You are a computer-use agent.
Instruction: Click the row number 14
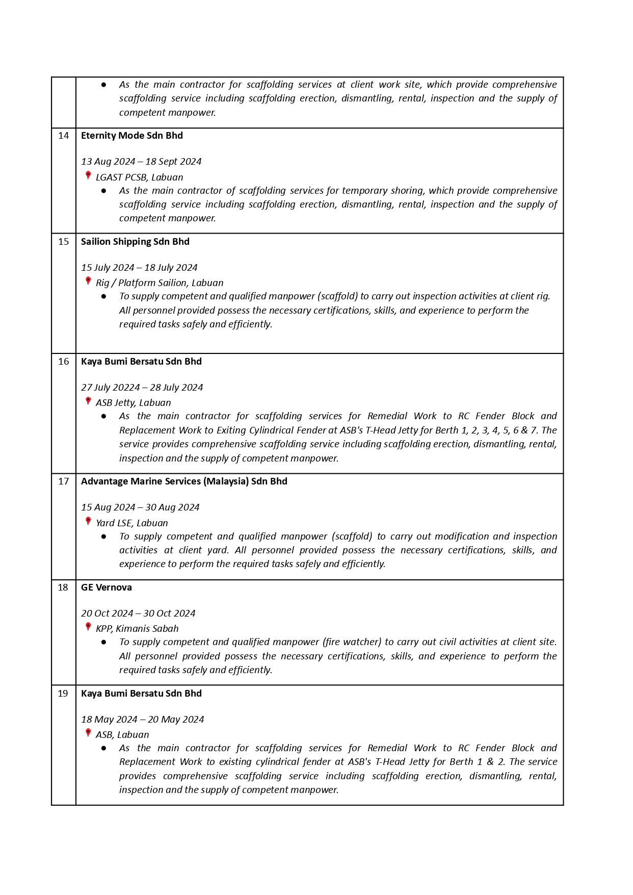(x=63, y=136)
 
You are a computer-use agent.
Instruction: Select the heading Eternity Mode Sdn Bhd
(x=131, y=136)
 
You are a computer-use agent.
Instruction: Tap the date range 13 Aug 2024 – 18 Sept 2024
(x=141, y=162)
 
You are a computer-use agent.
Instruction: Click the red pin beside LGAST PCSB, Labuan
(x=88, y=175)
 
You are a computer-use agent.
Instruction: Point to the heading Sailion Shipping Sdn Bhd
(x=135, y=242)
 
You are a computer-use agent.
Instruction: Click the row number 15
(x=63, y=242)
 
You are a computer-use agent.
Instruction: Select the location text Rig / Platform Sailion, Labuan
(x=160, y=283)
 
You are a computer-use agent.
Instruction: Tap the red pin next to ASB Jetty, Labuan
(x=88, y=401)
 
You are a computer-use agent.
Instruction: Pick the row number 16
(x=63, y=362)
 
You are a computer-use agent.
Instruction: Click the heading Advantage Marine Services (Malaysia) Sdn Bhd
(x=184, y=481)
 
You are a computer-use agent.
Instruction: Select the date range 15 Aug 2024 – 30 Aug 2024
(x=140, y=507)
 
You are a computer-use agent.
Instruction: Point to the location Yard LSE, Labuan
(x=131, y=523)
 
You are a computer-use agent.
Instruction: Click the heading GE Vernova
(x=106, y=587)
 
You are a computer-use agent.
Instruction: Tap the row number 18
(x=63, y=587)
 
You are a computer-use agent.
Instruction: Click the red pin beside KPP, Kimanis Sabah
(x=88, y=627)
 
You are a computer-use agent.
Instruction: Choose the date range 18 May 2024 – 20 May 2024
(x=142, y=720)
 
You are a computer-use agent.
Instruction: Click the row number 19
(x=63, y=694)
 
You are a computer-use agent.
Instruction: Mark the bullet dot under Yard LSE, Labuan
(x=104, y=536)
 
